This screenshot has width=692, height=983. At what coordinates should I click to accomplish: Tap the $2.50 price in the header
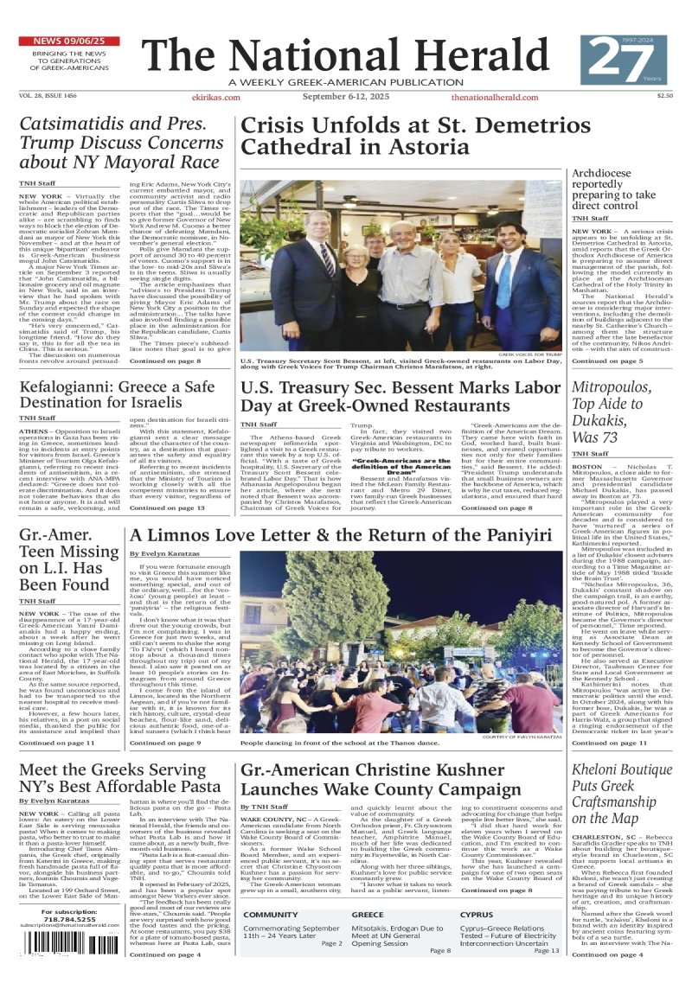pos(664,96)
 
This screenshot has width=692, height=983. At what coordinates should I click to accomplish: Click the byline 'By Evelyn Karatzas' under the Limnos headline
pos(163,553)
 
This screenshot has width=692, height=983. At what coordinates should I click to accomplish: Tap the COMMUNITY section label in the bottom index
pos(271,914)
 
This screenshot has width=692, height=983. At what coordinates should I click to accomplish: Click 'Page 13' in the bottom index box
pos(547,950)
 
